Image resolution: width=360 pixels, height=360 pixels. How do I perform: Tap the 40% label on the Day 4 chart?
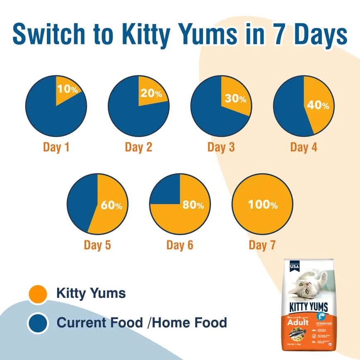tap(318, 105)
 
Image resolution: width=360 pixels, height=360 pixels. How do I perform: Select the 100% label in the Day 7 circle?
tap(263, 205)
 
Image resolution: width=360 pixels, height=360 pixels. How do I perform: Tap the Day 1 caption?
tap(56, 147)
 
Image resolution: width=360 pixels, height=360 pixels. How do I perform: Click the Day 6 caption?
tap(180, 245)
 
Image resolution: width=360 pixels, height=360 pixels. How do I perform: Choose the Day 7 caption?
tap(262, 245)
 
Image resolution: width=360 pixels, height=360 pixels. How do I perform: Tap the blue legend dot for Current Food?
tap(39, 323)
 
